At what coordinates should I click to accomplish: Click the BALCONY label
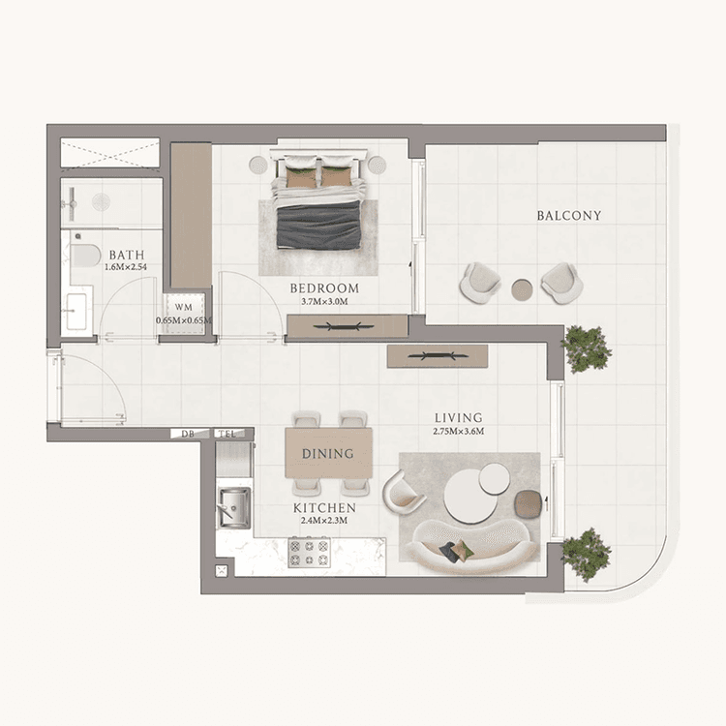569,216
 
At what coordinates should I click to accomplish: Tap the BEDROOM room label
324,288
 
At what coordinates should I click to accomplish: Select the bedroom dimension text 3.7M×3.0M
324,302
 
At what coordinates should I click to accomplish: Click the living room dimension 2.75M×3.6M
458,431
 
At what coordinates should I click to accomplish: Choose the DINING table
327,453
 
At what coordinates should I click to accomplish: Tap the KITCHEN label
324,507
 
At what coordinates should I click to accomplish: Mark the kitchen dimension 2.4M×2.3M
324,521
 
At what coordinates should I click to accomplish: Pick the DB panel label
188,434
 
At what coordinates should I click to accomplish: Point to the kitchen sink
232,507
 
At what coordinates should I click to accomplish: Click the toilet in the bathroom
84,256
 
